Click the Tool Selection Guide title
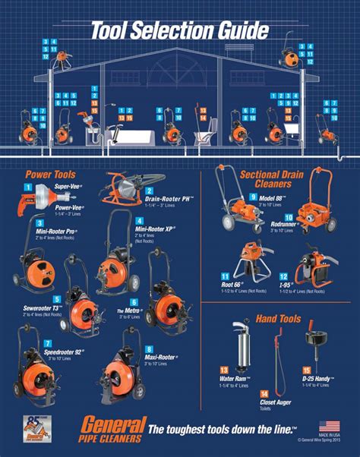click(179, 30)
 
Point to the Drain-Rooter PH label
click(170, 198)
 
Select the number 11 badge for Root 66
click(226, 277)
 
